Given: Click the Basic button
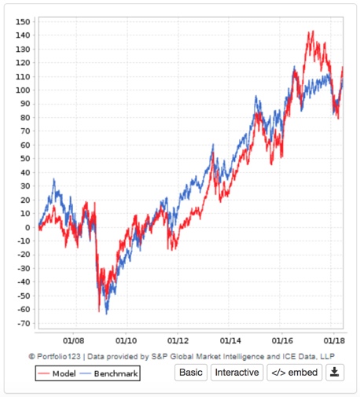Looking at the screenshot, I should click(x=189, y=372).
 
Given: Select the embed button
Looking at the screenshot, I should click(x=294, y=372).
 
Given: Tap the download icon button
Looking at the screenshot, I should click(x=335, y=372).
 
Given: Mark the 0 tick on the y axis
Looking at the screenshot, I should click(x=28, y=227).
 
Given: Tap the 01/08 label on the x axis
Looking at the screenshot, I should click(x=75, y=341).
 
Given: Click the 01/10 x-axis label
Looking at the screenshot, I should click(x=127, y=341).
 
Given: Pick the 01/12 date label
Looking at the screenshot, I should click(x=178, y=341).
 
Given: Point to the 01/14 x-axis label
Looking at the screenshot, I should click(x=230, y=341).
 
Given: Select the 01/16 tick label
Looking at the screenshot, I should click(x=282, y=341).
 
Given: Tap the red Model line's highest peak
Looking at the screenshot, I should click(x=312, y=31).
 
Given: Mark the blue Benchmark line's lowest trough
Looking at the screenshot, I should click(x=107, y=314).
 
